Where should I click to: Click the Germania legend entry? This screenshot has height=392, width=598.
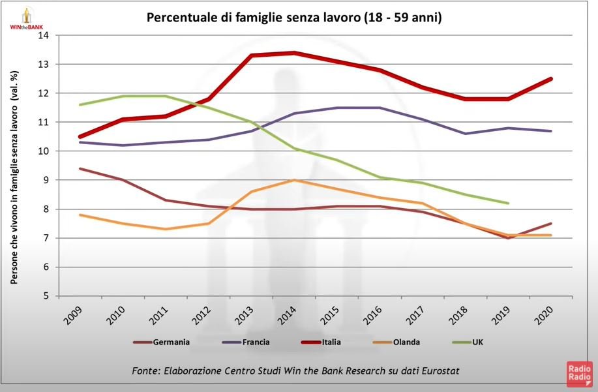pos(172,342)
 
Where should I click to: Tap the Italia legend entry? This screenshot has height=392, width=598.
pos(331,342)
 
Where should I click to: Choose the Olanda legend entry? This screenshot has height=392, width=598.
pos(406,342)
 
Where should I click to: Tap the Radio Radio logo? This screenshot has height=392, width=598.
pos(579,374)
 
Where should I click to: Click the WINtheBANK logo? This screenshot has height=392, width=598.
pos(26,18)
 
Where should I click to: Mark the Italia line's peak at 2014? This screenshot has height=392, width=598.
pos(294,53)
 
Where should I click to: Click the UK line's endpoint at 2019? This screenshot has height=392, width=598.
pos(508,203)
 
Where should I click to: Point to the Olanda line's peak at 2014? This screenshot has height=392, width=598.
pos(294,180)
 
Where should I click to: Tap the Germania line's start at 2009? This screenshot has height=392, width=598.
pos(80,168)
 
